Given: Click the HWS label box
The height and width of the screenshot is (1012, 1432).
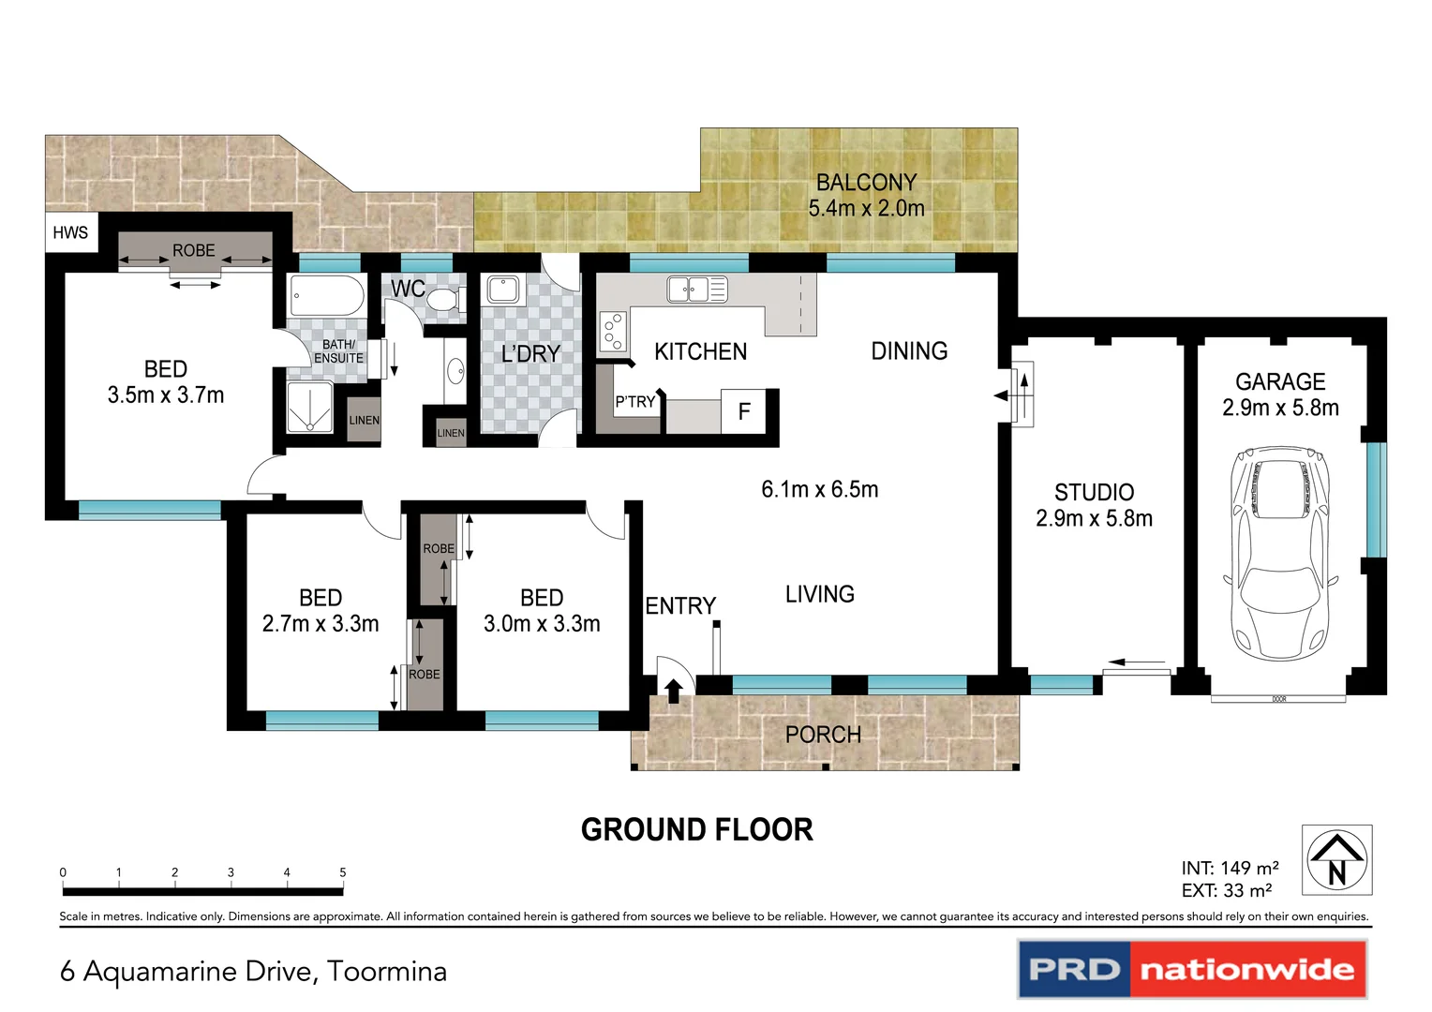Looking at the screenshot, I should pos(70,232).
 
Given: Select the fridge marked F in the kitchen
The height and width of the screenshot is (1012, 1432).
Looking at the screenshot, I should pos(744,411).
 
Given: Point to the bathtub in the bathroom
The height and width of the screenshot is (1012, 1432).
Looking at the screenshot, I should pos(326,296).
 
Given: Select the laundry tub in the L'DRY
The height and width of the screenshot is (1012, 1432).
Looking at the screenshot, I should pos(503,290).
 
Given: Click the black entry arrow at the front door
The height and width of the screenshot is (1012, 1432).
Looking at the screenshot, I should pos(673,691).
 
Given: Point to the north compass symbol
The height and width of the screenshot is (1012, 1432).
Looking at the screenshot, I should pos(1336,860).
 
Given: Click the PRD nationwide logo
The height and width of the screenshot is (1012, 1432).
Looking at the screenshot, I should pos(1191,969).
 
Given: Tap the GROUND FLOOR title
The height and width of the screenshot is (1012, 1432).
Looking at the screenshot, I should pos(696,830).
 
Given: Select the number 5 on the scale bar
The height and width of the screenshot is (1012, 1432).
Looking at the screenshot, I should pos(343,872).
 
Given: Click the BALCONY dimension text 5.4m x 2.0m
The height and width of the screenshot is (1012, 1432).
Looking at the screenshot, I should pos(866,208).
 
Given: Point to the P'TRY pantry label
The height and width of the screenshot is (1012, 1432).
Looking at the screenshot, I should pos(635,402).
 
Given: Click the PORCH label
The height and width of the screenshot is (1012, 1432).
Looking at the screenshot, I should pos(823,735).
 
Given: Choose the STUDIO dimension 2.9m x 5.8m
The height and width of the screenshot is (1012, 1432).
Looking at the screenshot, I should pos(1094,518).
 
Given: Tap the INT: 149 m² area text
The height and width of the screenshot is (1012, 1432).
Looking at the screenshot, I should pos(1230,869).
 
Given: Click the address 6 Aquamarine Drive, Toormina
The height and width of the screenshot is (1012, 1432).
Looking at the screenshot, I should pos(253,972).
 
